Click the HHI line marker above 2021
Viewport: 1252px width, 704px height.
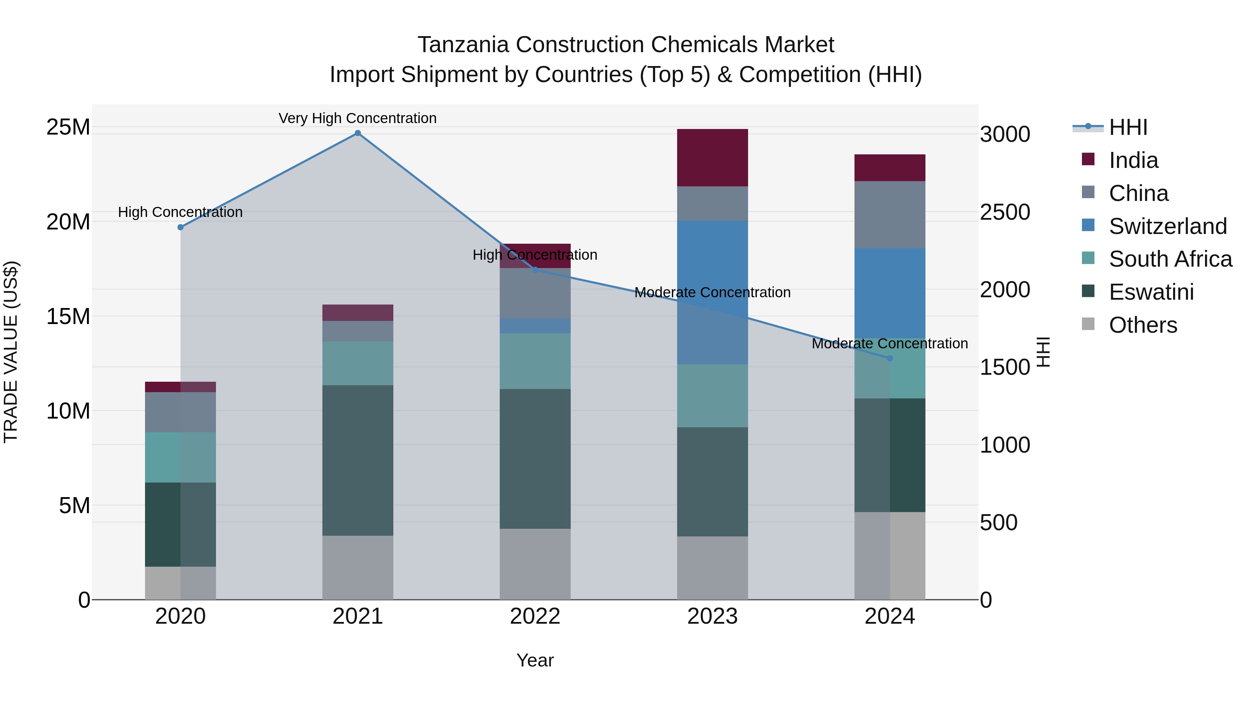[x=358, y=133]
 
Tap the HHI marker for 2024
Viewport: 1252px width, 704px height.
[x=890, y=358]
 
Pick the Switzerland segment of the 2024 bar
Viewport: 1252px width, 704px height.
[x=890, y=293]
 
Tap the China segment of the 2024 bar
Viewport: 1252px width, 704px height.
[x=890, y=215]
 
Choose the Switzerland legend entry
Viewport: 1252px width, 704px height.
[x=1167, y=226]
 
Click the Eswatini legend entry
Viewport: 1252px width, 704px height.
[x=1151, y=292]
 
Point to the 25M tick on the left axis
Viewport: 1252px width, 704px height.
[x=68, y=127]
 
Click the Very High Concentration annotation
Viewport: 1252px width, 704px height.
[x=358, y=118]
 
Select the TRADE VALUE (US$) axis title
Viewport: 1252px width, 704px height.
[x=11, y=352]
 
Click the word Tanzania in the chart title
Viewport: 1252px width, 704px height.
[x=463, y=45]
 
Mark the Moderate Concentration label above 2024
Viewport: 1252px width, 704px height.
[x=890, y=343]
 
